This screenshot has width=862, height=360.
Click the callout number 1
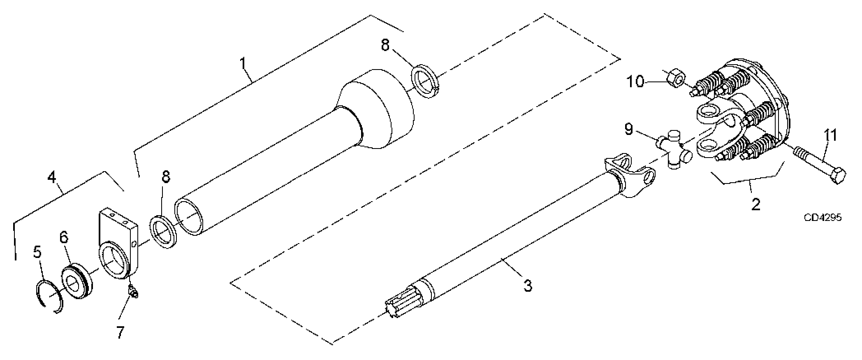(243, 64)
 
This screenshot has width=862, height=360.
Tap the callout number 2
(756, 204)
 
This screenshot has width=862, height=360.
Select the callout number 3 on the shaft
(527, 285)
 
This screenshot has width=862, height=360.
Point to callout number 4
(51, 178)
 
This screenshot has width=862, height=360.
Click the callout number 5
(37, 252)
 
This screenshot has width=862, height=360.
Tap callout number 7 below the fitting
(120, 332)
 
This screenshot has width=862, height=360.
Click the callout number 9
(628, 129)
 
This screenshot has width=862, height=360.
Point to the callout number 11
(830, 135)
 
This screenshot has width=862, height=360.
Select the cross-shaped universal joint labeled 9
(673, 149)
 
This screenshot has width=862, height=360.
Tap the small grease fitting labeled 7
(133, 292)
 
